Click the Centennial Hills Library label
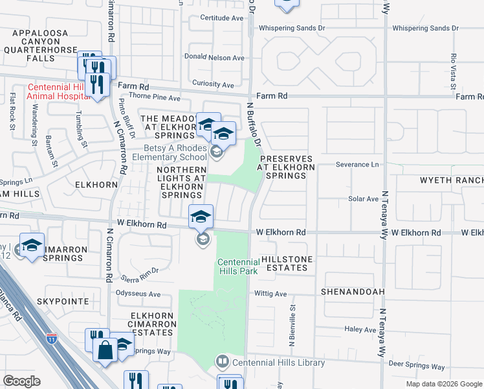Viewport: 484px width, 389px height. (x=278, y=362)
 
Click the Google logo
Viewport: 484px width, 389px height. (x=21, y=381)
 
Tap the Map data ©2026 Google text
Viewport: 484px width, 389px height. (x=443, y=384)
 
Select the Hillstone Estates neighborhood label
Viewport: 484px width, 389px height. (x=286, y=264)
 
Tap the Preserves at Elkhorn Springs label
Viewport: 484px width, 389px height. (x=286, y=163)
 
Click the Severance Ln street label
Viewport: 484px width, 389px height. (x=357, y=165)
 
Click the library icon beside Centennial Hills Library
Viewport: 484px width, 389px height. (x=222, y=360)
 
